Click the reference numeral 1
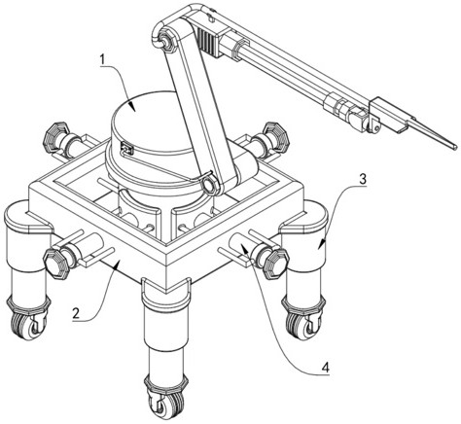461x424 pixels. pyautogui.click(x=103, y=60)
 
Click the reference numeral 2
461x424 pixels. pyautogui.click(x=76, y=314)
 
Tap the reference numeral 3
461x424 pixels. pyautogui.click(x=363, y=179)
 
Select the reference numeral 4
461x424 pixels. pyautogui.click(x=325, y=368)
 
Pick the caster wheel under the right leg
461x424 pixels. pyautogui.click(x=303, y=324)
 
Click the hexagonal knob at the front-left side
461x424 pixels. pyautogui.click(x=56, y=263)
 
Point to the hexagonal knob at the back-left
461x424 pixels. pyautogui.click(x=55, y=135)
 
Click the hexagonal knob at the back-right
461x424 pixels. pyautogui.click(x=276, y=136)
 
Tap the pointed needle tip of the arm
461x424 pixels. pyautogui.click(x=454, y=147)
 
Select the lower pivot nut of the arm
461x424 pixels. pyautogui.click(x=209, y=185)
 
